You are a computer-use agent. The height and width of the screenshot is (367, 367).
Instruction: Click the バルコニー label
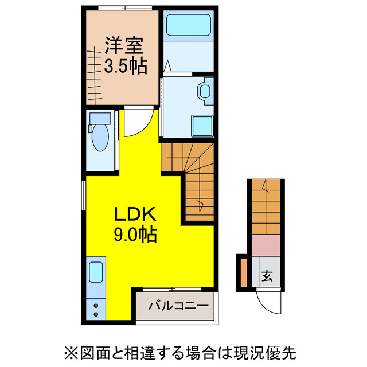(x=178, y=305)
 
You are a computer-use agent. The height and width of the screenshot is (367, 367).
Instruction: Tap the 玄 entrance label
(x=267, y=276)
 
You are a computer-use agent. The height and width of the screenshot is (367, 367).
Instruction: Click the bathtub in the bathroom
(x=189, y=26)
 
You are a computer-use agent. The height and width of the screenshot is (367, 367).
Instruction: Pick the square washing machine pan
(x=202, y=125)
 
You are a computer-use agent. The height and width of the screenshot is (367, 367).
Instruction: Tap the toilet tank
(x=101, y=119)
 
